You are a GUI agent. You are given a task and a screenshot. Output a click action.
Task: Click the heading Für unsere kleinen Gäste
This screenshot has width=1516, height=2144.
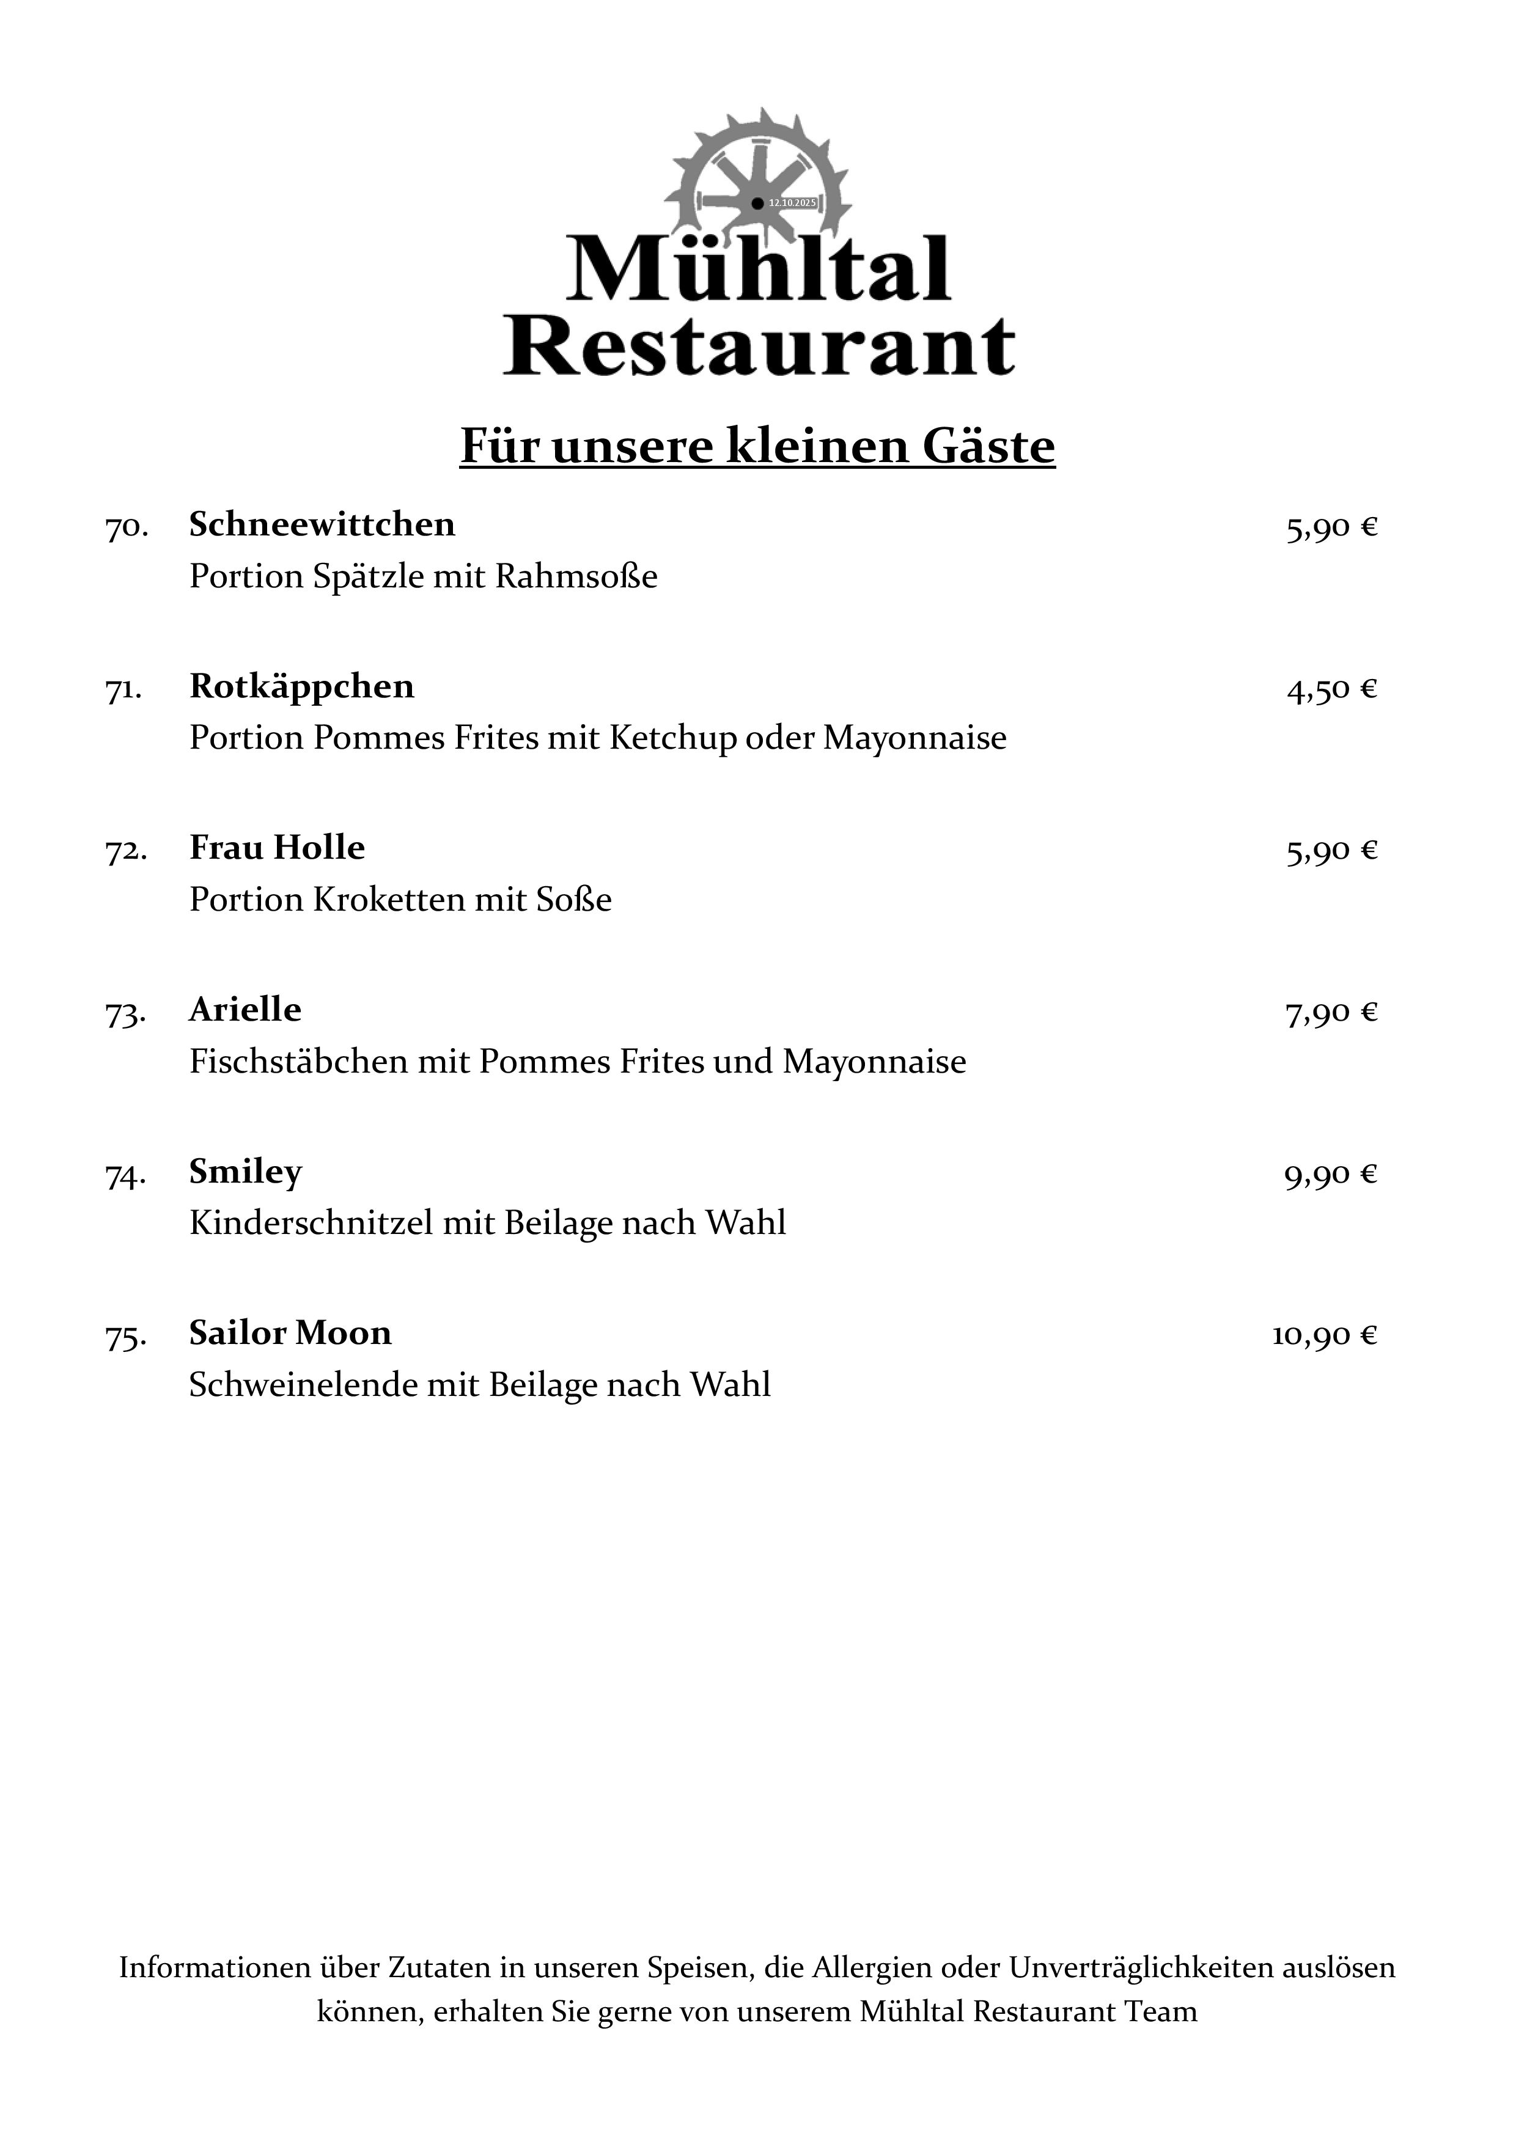pyautogui.click(x=757, y=446)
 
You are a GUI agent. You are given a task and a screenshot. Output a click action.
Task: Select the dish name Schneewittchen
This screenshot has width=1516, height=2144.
pyautogui.click(x=322, y=525)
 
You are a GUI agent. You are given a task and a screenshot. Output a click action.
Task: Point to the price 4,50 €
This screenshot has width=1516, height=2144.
pyautogui.click(x=1331, y=690)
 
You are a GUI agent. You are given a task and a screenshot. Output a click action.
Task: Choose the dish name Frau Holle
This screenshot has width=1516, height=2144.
pyautogui.click(x=276, y=848)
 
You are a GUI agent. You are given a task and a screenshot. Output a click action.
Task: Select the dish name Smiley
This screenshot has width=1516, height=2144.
pyautogui.click(x=246, y=1172)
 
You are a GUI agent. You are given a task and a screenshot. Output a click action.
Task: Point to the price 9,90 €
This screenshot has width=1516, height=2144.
pyautogui.click(x=1330, y=1175)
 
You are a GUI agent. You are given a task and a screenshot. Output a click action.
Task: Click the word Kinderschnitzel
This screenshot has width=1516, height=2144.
pyautogui.click(x=311, y=1224)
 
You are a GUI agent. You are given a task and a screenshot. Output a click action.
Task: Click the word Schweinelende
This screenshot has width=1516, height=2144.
pyautogui.click(x=303, y=1385)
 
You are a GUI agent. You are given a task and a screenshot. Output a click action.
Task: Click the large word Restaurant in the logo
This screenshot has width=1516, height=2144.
pyautogui.click(x=759, y=347)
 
